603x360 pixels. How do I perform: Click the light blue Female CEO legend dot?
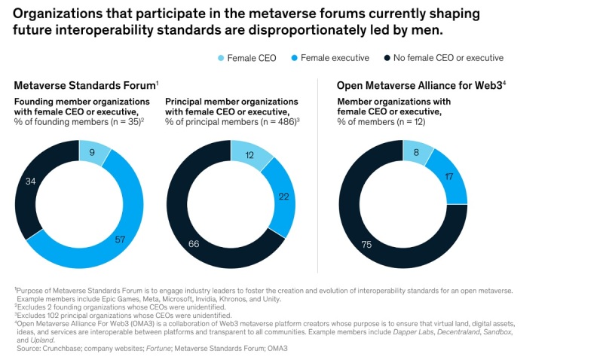(x=220, y=58)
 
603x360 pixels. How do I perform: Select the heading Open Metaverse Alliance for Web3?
(x=418, y=86)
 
